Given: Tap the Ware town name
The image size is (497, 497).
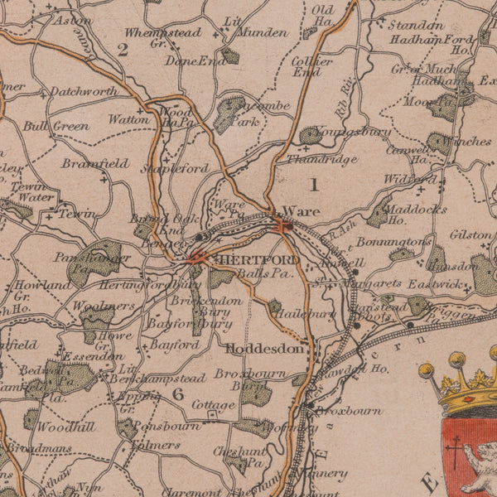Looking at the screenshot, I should click(x=301, y=211).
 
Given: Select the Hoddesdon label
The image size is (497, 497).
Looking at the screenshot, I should click(x=265, y=349).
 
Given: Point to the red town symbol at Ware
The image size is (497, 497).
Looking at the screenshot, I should click(x=282, y=224).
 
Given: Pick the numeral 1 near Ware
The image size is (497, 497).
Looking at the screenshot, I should click(x=313, y=183).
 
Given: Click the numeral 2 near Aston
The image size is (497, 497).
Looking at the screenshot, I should click(x=123, y=50).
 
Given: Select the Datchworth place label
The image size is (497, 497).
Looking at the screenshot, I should click(x=84, y=91).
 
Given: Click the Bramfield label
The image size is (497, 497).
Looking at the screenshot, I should click(x=94, y=163).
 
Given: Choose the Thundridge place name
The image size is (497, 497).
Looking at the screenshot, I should click(x=322, y=159).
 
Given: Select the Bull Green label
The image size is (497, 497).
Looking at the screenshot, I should click(x=55, y=127).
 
